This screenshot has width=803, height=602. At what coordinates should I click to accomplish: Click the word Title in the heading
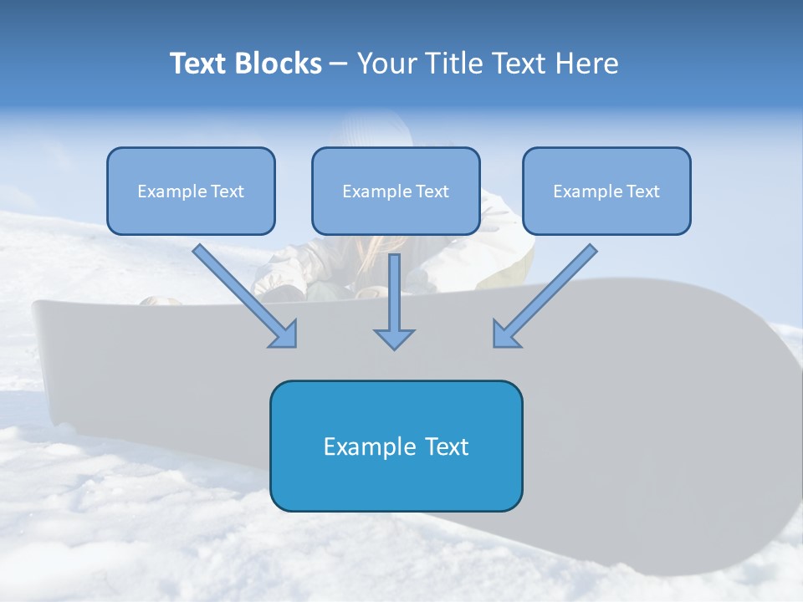[x=452, y=64]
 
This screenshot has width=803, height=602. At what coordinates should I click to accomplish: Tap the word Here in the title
[x=586, y=64]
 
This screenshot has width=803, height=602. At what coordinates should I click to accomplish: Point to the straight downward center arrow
[x=394, y=293]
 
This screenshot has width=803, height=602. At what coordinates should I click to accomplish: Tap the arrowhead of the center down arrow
[x=394, y=339]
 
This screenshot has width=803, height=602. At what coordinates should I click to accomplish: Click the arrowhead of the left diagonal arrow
[x=286, y=335]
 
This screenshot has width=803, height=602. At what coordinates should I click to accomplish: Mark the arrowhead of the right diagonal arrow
[x=504, y=335]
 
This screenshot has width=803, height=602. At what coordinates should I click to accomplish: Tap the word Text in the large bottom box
[x=448, y=446]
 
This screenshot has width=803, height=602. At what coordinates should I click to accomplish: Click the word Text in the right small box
[x=642, y=191]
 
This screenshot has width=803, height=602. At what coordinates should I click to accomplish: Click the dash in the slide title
[x=339, y=64]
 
